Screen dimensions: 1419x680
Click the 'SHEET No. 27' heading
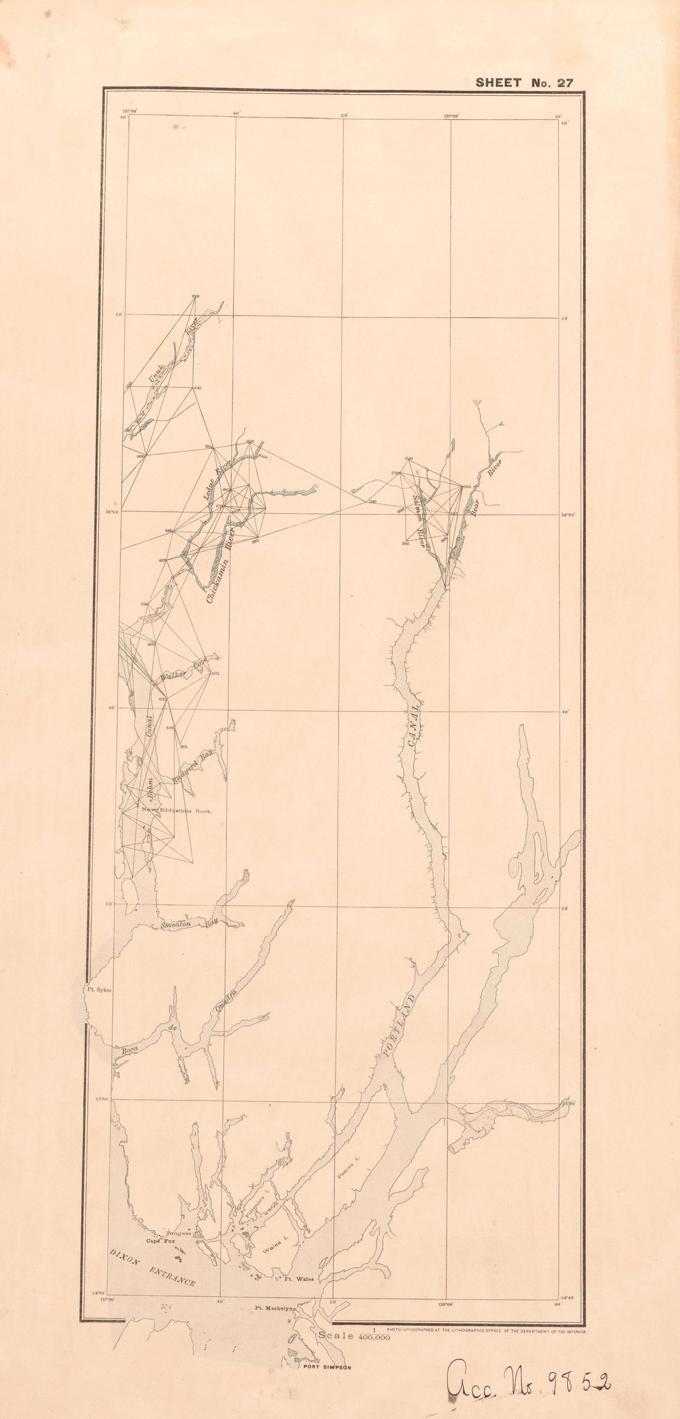click(524, 83)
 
